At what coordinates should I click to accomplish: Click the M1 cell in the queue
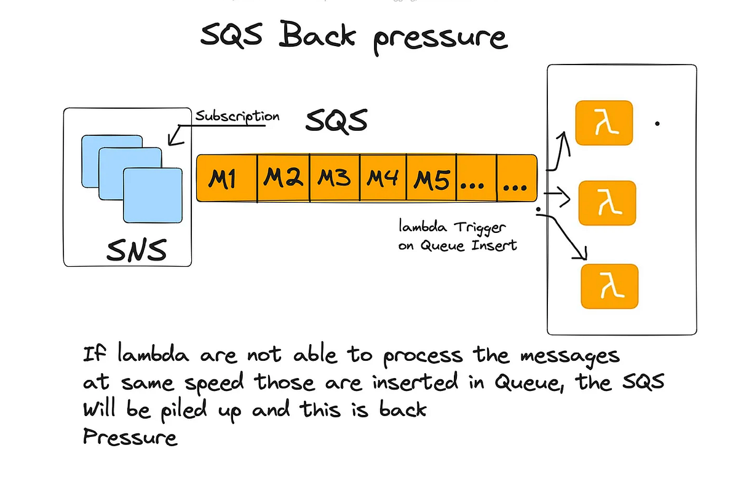[x=226, y=179]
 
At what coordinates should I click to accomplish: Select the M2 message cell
[x=283, y=179]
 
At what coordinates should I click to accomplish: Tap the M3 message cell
[x=334, y=179]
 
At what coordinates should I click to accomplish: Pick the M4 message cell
[x=383, y=179]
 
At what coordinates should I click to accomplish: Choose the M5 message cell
[x=432, y=179]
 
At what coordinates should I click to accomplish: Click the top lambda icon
[x=603, y=123]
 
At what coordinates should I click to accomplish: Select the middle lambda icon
[x=606, y=203]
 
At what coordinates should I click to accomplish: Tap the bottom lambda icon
[x=609, y=286]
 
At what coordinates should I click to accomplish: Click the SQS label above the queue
[x=336, y=120]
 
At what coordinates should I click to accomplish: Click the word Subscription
[x=237, y=116]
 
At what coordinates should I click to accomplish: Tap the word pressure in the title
[x=440, y=37]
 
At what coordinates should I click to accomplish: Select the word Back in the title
[x=318, y=35]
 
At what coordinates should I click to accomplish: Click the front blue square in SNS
[x=153, y=195]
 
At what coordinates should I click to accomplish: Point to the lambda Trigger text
[x=452, y=228]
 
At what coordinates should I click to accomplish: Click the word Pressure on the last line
[x=130, y=438]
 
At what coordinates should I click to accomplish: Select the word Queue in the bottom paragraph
[x=532, y=382]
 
